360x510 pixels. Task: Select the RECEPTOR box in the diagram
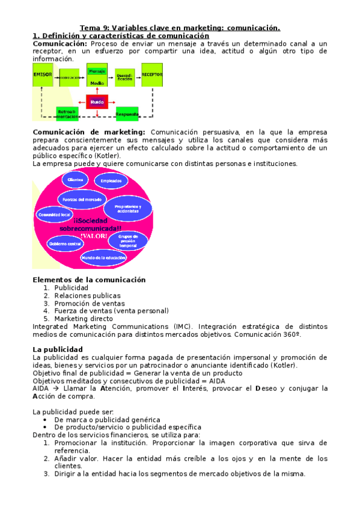[152, 76]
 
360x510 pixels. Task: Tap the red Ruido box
[97, 103]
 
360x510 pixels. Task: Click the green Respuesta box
[127, 113]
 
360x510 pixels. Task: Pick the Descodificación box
[124, 76]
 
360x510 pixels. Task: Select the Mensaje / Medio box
[97, 76]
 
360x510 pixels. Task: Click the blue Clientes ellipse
[76, 180]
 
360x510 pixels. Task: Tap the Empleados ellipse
[111, 181]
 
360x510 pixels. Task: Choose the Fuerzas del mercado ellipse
[82, 199]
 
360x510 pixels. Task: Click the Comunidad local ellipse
[54, 214]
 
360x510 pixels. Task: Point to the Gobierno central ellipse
[66, 244]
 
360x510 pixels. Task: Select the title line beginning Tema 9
[180, 28]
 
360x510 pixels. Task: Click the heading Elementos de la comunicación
[88, 280]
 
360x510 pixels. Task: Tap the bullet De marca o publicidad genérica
[107, 419]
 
